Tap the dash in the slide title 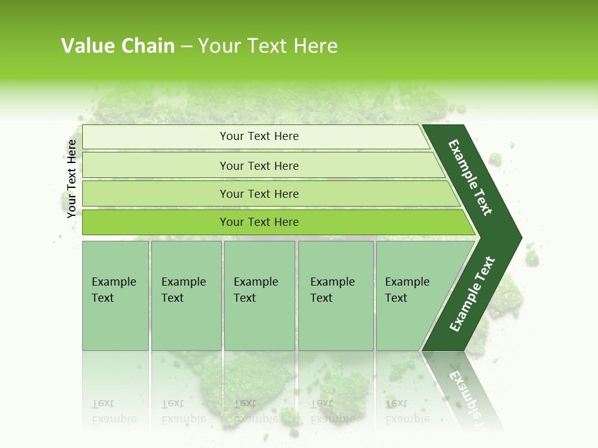click(186, 47)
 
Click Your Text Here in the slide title click(268, 46)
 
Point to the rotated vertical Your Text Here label click(72, 179)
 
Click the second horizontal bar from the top click(259, 166)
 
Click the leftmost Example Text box click(115, 296)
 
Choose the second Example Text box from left click(186, 296)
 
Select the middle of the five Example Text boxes click(259, 296)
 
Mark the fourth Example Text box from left click(335, 296)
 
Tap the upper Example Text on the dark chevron click(470, 177)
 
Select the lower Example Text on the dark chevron click(472, 294)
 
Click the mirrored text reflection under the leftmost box click(113, 411)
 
